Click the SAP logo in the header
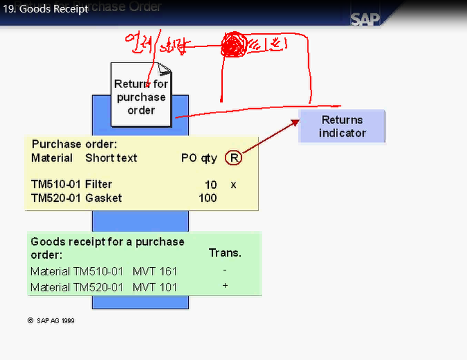point(366,19)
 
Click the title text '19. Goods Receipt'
point(49,10)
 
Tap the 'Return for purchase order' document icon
point(141,96)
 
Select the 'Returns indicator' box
point(341,126)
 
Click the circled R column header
point(234,158)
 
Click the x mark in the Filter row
point(233,185)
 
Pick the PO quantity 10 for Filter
point(211,185)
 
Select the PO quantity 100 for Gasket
point(207,198)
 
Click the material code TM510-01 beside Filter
point(52,185)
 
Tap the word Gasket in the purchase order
point(103,198)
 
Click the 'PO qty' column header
point(199,158)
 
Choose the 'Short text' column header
point(111,158)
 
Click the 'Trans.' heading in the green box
point(225,253)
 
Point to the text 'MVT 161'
point(155,271)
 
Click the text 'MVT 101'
point(155,287)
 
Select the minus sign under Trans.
point(225,269)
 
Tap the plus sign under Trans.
point(225,286)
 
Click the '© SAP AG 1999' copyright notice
point(51,321)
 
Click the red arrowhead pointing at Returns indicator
point(295,122)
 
